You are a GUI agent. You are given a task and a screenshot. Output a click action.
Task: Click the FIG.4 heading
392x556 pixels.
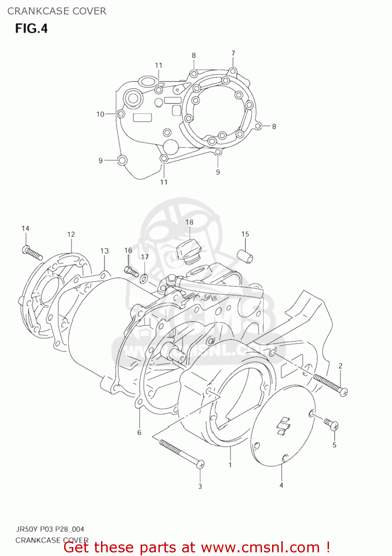click(31, 29)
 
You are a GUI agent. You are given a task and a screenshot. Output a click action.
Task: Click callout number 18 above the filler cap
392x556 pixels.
click(189, 222)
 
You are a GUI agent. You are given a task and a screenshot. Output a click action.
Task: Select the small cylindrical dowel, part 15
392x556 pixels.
click(245, 256)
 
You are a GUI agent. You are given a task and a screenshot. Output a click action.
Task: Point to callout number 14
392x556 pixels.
click(25, 228)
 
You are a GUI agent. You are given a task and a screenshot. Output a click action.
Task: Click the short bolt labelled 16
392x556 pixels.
click(131, 272)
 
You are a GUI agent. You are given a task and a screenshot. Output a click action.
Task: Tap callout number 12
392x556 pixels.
click(71, 234)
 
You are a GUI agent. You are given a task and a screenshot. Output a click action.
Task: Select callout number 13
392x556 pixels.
click(104, 251)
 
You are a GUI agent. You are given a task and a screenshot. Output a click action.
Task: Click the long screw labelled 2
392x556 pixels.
click(331, 385)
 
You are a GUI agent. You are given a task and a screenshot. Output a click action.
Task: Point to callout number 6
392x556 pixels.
click(139, 432)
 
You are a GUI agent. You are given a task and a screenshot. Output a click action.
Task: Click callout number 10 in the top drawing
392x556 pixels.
click(100, 114)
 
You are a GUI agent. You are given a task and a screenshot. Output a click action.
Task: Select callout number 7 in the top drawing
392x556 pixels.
click(233, 53)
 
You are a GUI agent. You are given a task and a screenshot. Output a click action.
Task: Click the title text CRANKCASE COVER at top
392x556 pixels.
click(57, 11)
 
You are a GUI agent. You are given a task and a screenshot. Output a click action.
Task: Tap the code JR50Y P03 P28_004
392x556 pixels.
click(50, 529)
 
